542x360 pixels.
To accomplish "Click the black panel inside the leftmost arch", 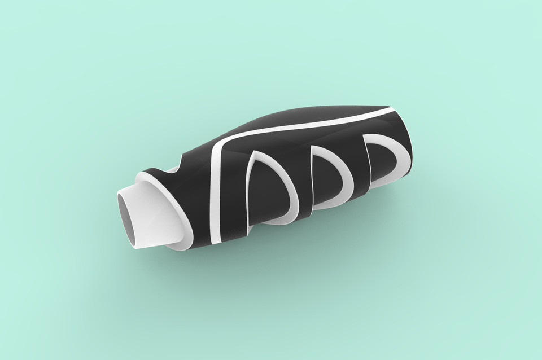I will coord(265,195).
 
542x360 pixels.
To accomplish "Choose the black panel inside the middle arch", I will coord(325,181).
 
